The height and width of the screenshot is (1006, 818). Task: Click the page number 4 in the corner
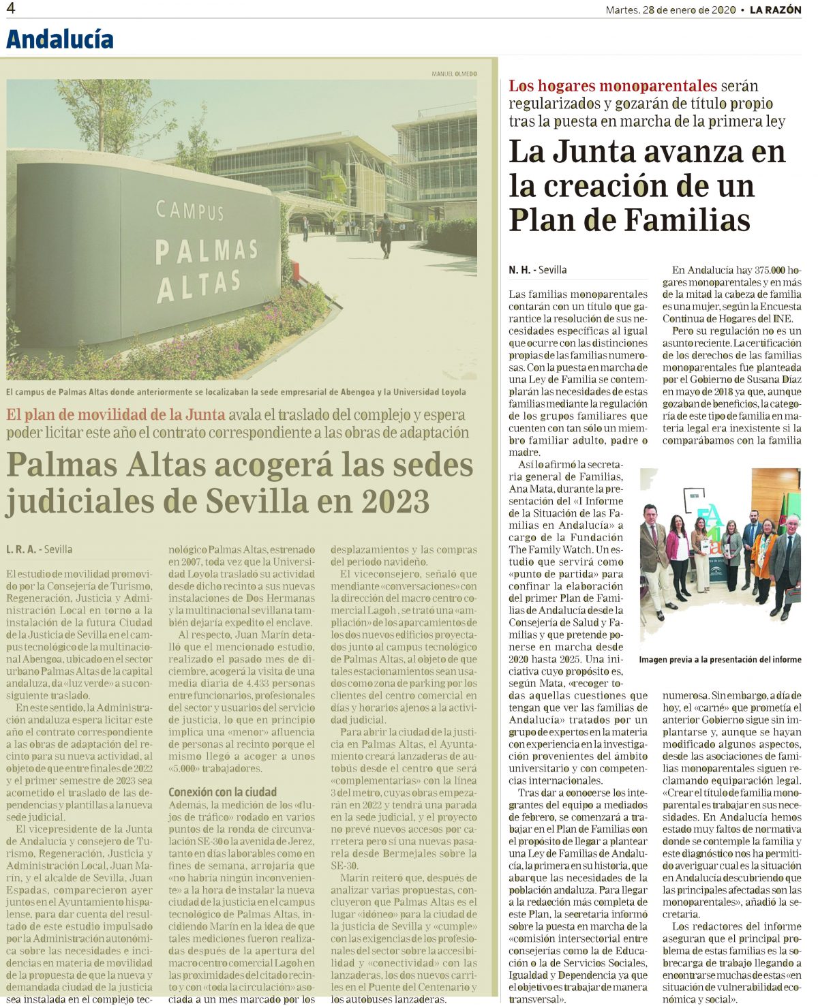[11, 8]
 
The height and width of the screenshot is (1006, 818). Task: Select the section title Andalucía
[60, 39]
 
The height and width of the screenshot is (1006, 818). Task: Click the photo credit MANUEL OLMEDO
[454, 74]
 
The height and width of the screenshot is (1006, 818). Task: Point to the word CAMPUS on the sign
[190, 210]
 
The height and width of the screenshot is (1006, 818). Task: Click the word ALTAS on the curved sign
[198, 285]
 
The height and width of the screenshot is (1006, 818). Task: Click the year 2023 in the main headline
[395, 502]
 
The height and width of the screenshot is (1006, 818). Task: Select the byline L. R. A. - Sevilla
[40, 549]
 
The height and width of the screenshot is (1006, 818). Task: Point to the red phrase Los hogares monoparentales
[613, 86]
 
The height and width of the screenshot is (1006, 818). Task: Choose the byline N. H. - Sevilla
[538, 270]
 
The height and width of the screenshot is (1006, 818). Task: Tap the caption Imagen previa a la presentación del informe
[720, 659]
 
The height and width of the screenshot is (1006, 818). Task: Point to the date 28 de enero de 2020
[689, 10]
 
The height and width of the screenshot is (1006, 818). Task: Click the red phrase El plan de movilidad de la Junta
[116, 414]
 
